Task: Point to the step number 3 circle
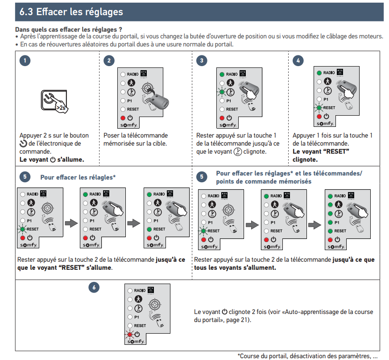(x=203, y=61)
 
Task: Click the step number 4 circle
(x=298, y=61)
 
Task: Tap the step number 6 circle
(x=94, y=288)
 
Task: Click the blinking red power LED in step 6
(x=130, y=334)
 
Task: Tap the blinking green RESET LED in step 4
(x=319, y=108)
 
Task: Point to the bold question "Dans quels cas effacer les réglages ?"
(x=69, y=29)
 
